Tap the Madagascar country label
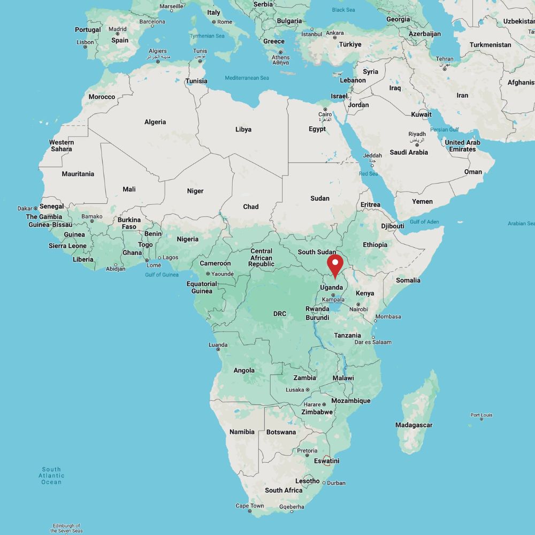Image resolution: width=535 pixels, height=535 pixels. (414, 425)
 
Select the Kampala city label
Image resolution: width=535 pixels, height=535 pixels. (333, 300)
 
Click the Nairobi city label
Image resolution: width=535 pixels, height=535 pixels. (358, 309)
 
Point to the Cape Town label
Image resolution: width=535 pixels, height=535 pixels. (250, 506)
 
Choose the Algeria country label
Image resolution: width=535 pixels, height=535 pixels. (155, 122)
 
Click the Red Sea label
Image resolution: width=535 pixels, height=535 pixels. (368, 173)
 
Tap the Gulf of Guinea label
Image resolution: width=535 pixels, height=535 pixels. (162, 275)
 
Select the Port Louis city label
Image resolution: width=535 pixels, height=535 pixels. (481, 415)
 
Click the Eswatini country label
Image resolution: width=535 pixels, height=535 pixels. (326, 461)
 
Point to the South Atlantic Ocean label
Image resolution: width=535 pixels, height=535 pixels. (52, 476)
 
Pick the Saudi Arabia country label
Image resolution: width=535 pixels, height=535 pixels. (409, 152)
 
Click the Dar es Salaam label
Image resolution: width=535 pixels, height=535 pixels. (373, 342)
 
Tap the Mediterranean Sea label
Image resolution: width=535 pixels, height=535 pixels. (247, 78)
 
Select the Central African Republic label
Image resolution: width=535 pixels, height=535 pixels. (261, 258)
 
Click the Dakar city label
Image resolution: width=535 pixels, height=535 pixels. (25, 208)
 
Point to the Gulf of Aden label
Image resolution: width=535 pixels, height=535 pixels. (424, 221)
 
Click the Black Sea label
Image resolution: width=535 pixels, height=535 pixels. (343, 10)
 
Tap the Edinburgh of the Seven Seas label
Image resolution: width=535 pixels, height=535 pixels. (66, 528)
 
